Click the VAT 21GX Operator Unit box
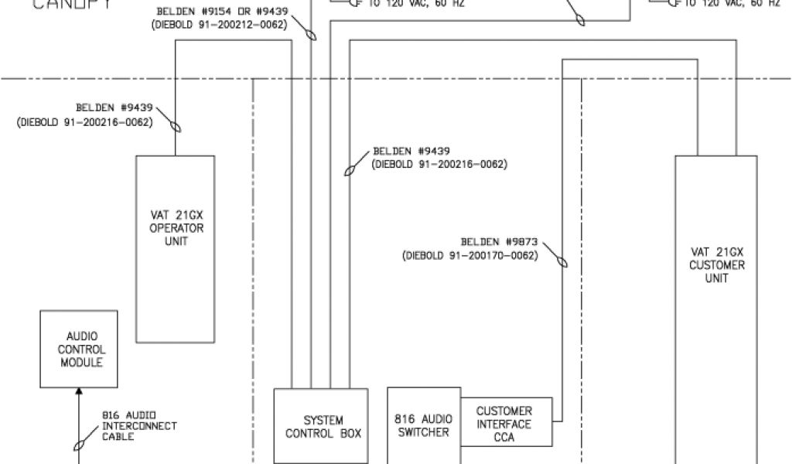176,247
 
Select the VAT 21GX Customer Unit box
715,309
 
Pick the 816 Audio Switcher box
423,425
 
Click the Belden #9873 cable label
500,242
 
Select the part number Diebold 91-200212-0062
220,26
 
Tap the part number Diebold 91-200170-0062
470,256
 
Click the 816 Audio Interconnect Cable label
139,425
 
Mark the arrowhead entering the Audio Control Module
78,392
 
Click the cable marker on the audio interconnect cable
78,445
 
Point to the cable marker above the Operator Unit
176,125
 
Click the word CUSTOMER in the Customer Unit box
716,265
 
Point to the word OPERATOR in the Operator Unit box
176,228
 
